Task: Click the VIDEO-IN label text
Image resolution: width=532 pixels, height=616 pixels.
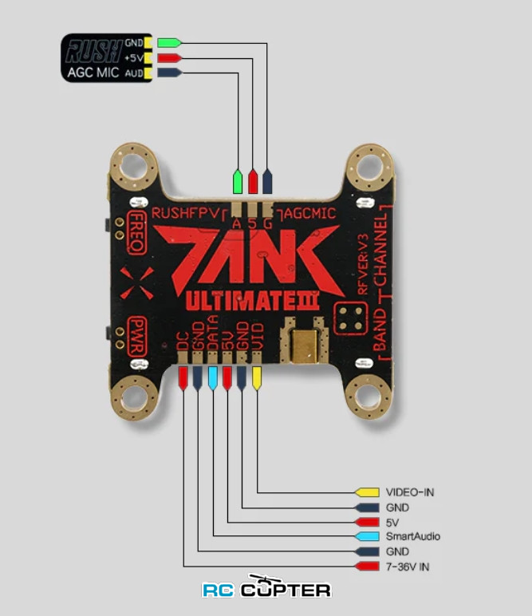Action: click(x=410, y=492)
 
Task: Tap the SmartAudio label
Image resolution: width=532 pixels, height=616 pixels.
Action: click(x=412, y=537)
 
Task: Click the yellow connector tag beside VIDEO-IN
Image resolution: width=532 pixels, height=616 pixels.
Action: click(x=368, y=492)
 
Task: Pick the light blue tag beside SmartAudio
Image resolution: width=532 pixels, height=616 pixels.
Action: click(x=368, y=537)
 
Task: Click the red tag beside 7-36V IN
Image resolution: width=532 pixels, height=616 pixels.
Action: click(x=368, y=567)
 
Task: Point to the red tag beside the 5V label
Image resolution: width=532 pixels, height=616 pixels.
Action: click(x=368, y=522)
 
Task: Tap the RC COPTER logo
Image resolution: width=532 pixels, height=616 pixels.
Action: click(x=266, y=589)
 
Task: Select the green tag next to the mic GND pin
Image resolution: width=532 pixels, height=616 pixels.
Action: click(x=169, y=42)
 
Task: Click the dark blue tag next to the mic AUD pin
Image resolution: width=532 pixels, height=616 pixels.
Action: click(x=169, y=73)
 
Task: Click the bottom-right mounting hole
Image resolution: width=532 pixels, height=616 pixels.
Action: click(x=369, y=394)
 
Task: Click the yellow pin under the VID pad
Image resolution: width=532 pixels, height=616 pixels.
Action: click(x=257, y=377)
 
